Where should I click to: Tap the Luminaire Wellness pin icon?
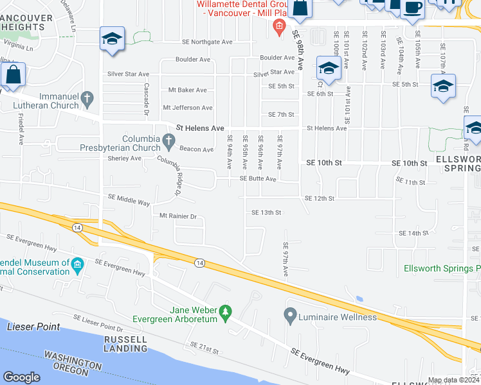(x=290, y=315)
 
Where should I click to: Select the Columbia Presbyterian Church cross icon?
(x=168, y=140)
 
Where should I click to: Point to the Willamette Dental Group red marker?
(x=278, y=26)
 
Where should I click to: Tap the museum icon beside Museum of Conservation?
(x=78, y=265)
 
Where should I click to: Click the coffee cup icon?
(x=412, y=8)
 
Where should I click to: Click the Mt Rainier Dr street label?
(x=178, y=216)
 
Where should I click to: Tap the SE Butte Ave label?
(x=258, y=179)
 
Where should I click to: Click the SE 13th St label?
(x=267, y=212)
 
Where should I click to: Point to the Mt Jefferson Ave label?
(x=188, y=108)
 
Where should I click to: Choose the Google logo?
(x=22, y=377)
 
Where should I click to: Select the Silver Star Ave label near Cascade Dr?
(x=129, y=74)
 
